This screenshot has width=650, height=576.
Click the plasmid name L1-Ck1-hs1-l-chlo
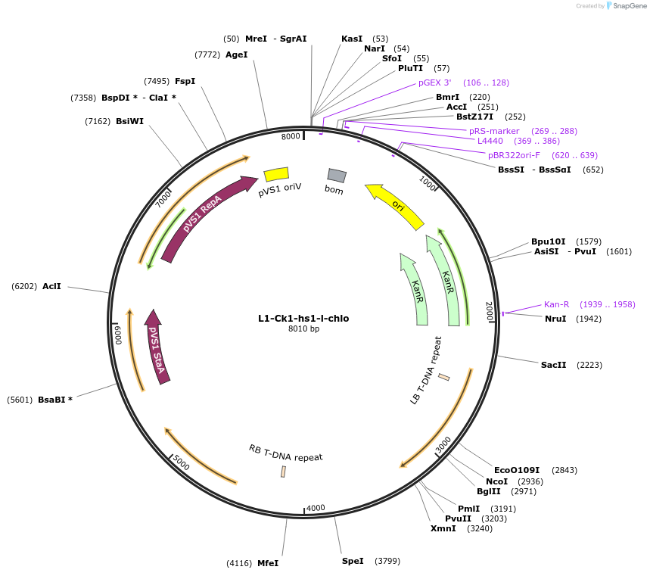pos(303,319)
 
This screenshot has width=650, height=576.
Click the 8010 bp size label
pos(303,328)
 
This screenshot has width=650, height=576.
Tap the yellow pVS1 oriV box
pos(276,174)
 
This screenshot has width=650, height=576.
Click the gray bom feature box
pos(337,176)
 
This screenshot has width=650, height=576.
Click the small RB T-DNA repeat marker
pos(283,472)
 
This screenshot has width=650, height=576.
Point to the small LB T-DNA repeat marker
pos(444,377)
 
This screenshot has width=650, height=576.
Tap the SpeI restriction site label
pos(353,561)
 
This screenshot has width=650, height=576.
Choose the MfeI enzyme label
pos(268,563)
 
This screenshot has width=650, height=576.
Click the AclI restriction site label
pos(51,286)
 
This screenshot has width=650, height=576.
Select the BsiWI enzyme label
pos(129,121)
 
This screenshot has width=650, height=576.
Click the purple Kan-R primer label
pos(556,304)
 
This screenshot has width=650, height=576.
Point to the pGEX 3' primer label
pos(434,83)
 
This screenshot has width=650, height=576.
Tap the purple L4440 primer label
pos(490,141)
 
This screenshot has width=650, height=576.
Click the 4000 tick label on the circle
pos(316,508)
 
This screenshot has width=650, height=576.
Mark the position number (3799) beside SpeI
pos(387,561)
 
